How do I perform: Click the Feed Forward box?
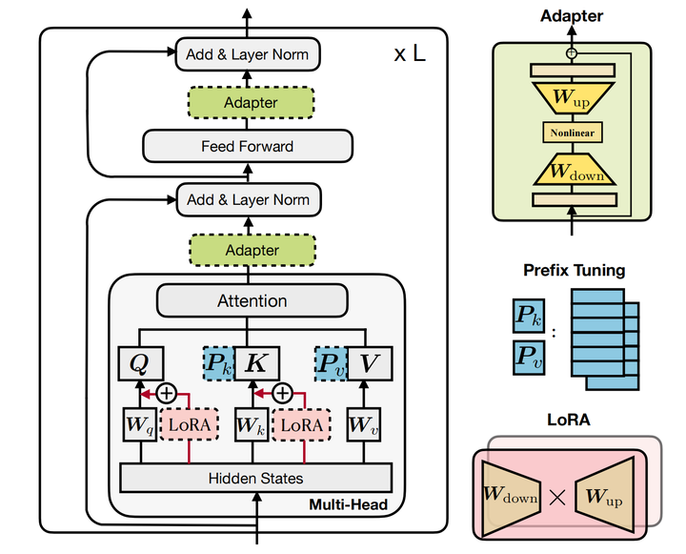pyautogui.click(x=247, y=147)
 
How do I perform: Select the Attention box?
pyautogui.click(x=252, y=300)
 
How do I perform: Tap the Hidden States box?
pyautogui.click(x=255, y=478)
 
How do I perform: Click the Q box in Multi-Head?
pyautogui.click(x=141, y=363)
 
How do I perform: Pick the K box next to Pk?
pyautogui.click(x=254, y=363)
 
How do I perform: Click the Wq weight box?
pyautogui.click(x=141, y=424)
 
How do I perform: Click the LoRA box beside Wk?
pyautogui.click(x=306, y=424)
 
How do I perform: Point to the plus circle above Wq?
pyautogui.click(x=168, y=392)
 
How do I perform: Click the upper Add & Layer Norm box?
pyautogui.click(x=247, y=53)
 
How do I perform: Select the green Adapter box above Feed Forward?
pyautogui.click(x=251, y=103)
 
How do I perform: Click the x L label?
pyautogui.click(x=410, y=54)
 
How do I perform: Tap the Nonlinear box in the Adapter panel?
pyautogui.click(x=572, y=133)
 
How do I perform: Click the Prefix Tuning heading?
pyautogui.click(x=574, y=270)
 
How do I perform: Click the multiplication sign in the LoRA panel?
pyautogui.click(x=558, y=496)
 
